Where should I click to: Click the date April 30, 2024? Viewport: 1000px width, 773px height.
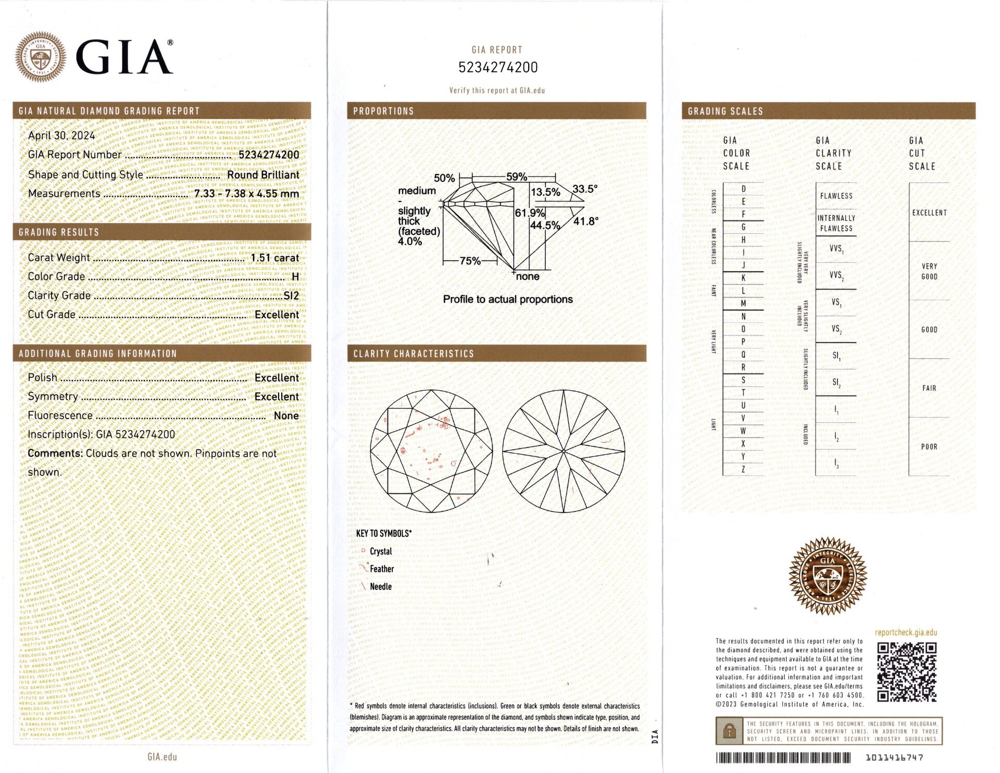(61, 135)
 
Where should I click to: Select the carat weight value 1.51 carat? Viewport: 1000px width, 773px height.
(274, 258)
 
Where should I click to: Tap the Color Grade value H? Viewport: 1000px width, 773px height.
(295, 277)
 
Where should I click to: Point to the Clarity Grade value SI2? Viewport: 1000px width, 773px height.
(291, 296)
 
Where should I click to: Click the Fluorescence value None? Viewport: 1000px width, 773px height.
(286, 416)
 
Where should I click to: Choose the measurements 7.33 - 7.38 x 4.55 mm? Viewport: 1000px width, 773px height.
(246, 194)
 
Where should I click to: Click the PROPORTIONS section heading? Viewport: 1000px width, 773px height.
(383, 111)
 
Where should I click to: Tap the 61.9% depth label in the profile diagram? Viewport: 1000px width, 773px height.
(529, 213)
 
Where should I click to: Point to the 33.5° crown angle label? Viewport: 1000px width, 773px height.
(585, 189)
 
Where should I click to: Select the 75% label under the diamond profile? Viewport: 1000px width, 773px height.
(470, 260)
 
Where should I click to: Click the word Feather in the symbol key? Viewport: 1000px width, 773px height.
(382, 569)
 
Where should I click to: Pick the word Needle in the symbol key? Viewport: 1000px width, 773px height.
(381, 587)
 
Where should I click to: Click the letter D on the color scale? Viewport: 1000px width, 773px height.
(743, 189)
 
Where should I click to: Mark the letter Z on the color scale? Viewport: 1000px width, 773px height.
(743, 469)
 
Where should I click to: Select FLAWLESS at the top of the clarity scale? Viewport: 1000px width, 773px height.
(836, 196)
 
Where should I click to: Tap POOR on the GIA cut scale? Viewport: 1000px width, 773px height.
(929, 446)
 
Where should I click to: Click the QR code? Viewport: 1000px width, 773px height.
(907, 672)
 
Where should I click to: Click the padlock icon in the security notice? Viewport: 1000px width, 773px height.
(729, 731)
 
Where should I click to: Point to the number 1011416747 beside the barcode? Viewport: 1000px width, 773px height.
(894, 757)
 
